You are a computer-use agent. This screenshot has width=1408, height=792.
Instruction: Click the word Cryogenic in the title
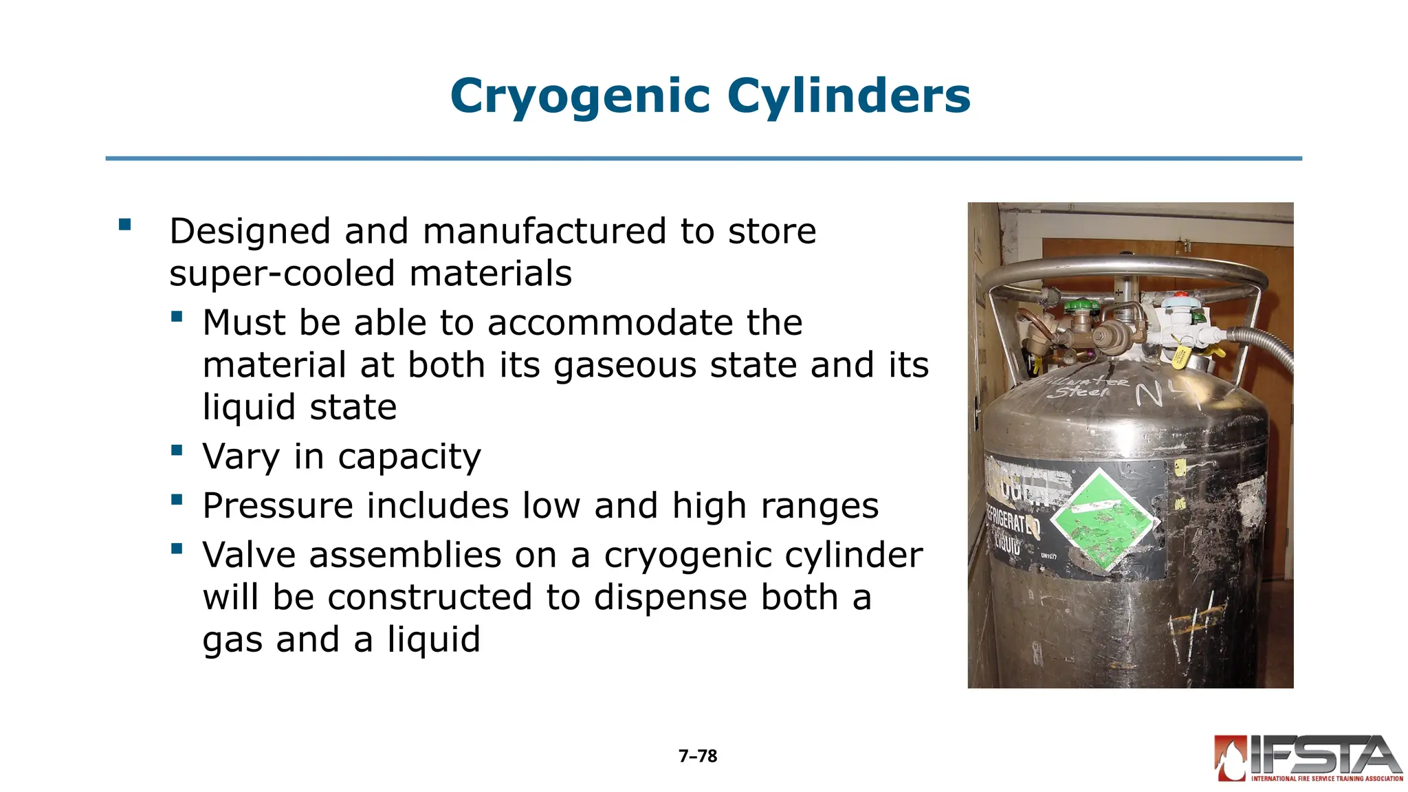pyautogui.click(x=580, y=96)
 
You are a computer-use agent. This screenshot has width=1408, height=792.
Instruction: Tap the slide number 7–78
pyautogui.click(x=698, y=756)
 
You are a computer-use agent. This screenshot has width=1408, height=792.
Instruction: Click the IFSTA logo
pyautogui.click(x=1308, y=758)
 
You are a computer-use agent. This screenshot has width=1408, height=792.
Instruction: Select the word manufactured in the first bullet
pyautogui.click(x=544, y=231)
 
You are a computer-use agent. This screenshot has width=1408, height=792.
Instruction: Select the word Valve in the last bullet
pyautogui.click(x=249, y=555)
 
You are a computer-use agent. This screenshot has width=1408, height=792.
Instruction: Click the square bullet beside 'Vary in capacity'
pyautogui.click(x=177, y=451)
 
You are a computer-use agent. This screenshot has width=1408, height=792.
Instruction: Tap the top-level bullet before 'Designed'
pyautogui.click(x=124, y=225)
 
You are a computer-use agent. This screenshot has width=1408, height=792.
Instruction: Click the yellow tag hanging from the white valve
pyautogui.click(x=1180, y=357)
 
